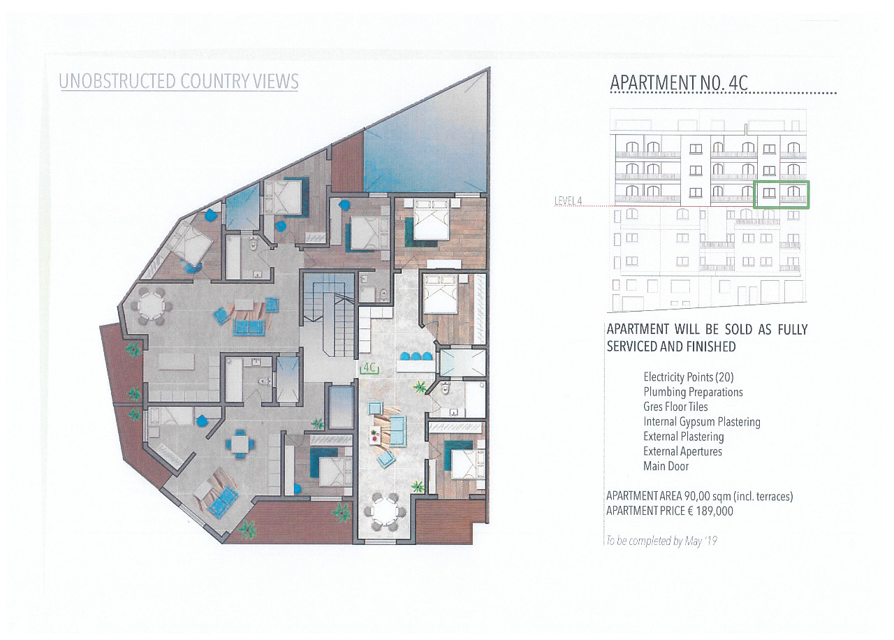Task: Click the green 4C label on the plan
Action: click(369, 368)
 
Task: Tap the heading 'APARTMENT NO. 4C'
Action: click(678, 82)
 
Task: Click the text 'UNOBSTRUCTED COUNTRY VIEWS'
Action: click(178, 82)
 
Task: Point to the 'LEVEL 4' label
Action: click(568, 201)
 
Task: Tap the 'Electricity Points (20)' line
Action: click(689, 377)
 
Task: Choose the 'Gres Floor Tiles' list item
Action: click(675, 407)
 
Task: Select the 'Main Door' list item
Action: click(666, 466)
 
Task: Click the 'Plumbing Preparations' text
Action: click(693, 392)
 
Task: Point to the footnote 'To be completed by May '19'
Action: click(661, 541)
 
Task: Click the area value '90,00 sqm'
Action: click(707, 497)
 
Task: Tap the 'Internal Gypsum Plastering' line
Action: click(702, 422)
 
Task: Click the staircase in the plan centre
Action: click(328, 315)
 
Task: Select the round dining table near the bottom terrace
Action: click(383, 512)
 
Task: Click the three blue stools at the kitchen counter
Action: click(416, 356)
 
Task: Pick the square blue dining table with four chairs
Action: click(240, 444)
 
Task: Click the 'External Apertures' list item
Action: click(682, 451)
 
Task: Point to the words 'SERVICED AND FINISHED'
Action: click(671, 347)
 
